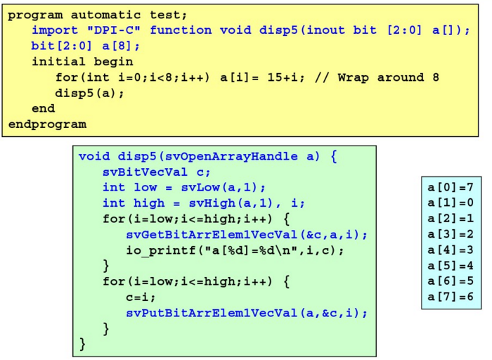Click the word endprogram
47,124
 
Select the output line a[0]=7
451,188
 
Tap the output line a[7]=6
451,297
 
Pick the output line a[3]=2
451,234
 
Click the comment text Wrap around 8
388,77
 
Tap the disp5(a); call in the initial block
90,93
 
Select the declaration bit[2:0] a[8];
86,46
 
